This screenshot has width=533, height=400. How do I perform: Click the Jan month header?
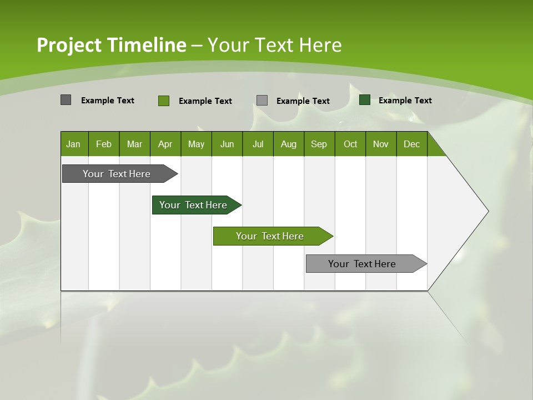click(74, 144)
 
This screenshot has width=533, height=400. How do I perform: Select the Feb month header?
click(104, 144)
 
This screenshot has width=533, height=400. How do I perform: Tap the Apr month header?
click(165, 144)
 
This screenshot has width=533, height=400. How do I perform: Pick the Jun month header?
click(227, 144)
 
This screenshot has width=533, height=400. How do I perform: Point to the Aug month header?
click(289, 144)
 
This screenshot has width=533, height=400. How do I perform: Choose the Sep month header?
click(319, 144)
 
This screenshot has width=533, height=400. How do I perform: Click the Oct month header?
click(350, 144)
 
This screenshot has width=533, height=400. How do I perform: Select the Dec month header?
click(412, 144)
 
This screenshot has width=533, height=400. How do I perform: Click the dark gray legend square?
click(66, 100)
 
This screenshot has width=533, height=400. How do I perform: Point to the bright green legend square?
click(164, 101)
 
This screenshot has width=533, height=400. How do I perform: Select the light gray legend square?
click(262, 101)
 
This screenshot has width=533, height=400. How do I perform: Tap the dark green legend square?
click(365, 100)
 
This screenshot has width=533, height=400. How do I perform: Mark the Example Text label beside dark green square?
click(405, 101)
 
